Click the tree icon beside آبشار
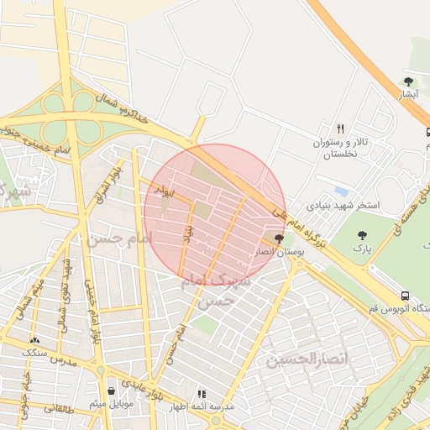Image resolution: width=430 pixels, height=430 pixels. coord(409,81)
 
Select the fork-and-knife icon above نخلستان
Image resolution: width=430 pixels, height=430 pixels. coord(340,128)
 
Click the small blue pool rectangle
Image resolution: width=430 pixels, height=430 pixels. coord(341,191)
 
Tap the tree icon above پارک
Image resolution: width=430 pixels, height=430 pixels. coord(363,236)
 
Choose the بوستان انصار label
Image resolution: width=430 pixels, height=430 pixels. coord(277,251)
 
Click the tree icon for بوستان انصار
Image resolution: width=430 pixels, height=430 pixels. coord(279,239)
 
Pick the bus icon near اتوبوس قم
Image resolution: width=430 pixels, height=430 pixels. coord(406,296)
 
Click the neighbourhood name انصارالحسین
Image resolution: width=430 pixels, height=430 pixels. coord(296,359)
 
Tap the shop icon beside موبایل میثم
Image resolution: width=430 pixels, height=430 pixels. coord(112,391)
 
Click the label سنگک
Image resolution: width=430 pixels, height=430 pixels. coord(34,352)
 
